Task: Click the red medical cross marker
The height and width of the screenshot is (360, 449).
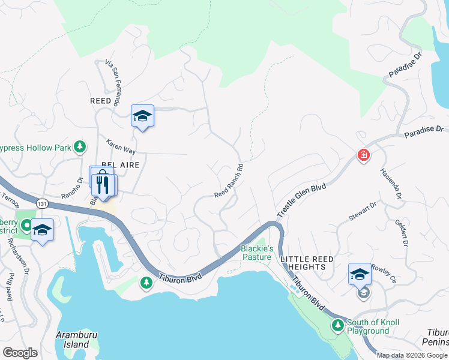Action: pyautogui.click(x=363, y=156)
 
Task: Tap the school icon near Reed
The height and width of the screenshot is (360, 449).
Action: pyautogui.click(x=142, y=116)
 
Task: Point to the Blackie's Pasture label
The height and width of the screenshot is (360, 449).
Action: pyautogui.click(x=257, y=253)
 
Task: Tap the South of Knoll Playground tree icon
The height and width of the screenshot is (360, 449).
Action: pyautogui.click(x=338, y=325)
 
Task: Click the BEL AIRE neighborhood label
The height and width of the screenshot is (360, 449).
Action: pyautogui.click(x=120, y=164)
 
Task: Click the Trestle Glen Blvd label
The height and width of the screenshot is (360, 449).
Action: pyautogui.click(x=301, y=201)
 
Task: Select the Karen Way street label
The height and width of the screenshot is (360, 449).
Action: pyautogui.click(x=121, y=147)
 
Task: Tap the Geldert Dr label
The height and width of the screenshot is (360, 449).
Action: pyautogui.click(x=402, y=229)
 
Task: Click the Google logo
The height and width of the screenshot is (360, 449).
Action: pyautogui.click(x=20, y=353)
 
